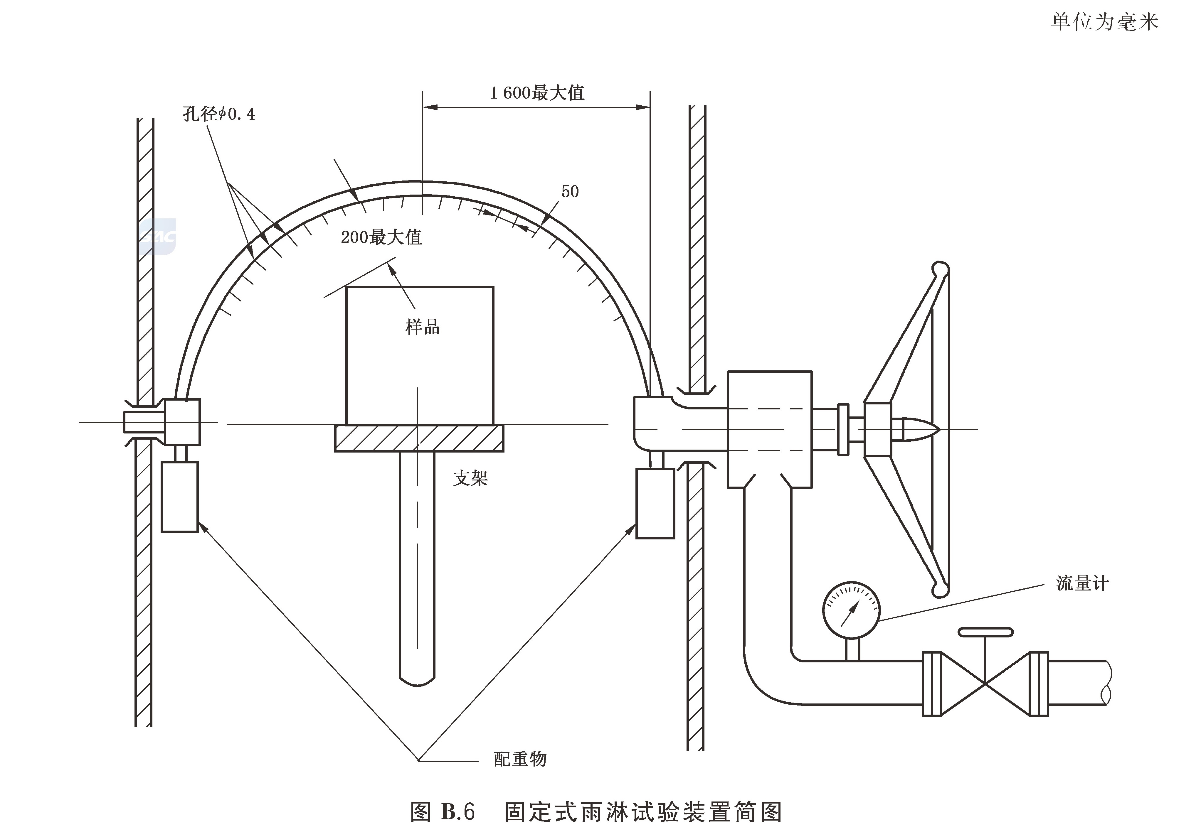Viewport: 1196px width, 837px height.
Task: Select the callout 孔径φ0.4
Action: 219,114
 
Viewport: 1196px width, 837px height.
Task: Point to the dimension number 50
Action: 570,192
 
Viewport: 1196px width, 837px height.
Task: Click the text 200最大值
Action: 381,237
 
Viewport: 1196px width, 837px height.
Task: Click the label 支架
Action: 470,478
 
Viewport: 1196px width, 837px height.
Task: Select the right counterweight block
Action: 655,503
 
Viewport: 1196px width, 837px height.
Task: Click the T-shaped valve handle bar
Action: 985,632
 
